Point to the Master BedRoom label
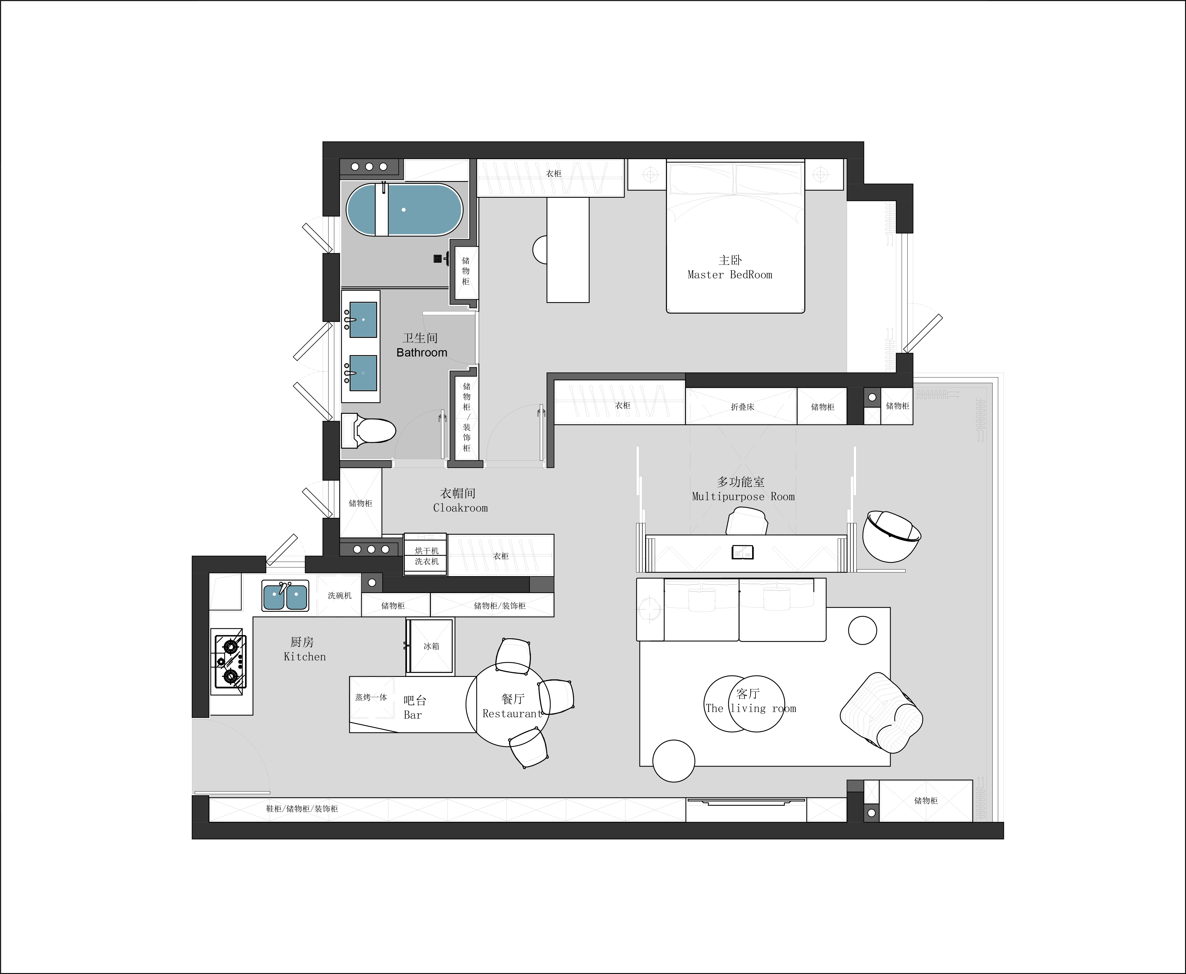coord(730,274)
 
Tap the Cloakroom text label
coord(460,508)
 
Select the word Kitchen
coord(305,656)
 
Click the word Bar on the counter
coord(413,715)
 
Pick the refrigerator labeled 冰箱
coord(431,646)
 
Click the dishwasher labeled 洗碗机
coord(339,595)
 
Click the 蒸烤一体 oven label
coord(371,697)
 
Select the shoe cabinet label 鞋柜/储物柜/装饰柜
coord(302,809)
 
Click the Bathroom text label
coord(421,352)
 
